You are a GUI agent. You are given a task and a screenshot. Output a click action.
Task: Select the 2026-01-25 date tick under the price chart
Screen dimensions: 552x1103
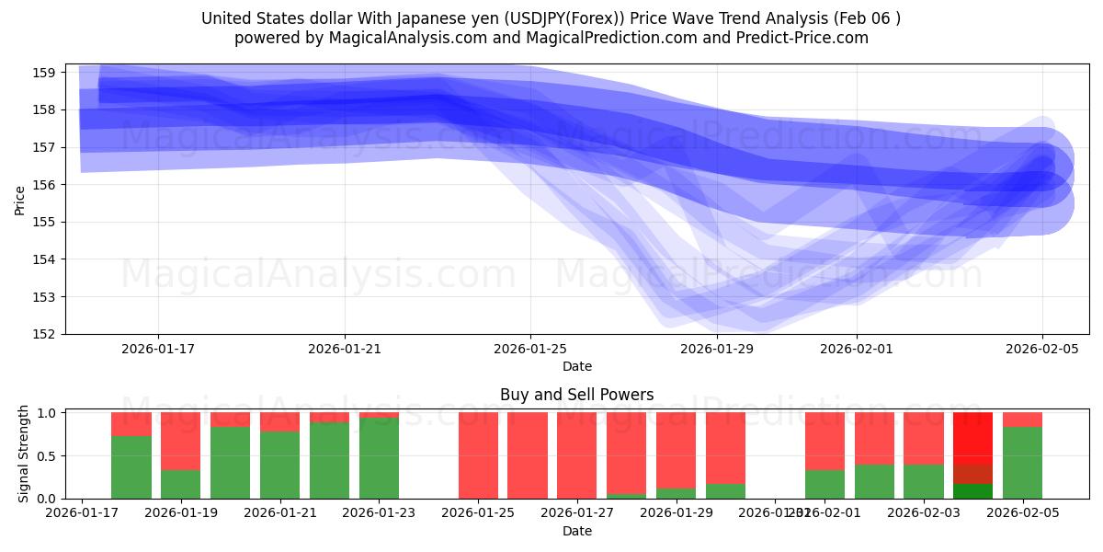point(530,349)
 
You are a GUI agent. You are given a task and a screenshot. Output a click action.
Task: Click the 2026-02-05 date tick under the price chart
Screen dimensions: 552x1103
point(1042,349)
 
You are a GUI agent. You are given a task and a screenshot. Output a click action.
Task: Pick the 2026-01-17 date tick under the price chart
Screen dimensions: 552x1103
point(158,349)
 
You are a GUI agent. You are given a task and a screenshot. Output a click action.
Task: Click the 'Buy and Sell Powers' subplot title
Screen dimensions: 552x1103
point(576,395)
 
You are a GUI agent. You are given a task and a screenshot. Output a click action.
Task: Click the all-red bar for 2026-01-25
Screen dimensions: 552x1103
point(478,455)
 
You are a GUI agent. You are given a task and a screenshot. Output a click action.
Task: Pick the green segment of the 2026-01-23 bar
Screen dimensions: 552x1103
point(379,458)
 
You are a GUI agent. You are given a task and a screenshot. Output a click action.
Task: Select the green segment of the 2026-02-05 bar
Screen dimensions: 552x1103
point(1022,463)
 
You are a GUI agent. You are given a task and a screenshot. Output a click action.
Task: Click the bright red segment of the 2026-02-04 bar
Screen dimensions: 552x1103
point(972,438)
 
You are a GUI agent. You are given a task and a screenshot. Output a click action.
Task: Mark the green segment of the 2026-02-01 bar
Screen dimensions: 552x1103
point(824,484)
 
